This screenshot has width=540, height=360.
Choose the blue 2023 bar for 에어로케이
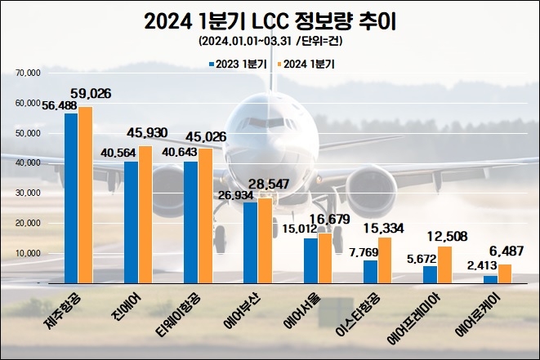click(489, 279)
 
